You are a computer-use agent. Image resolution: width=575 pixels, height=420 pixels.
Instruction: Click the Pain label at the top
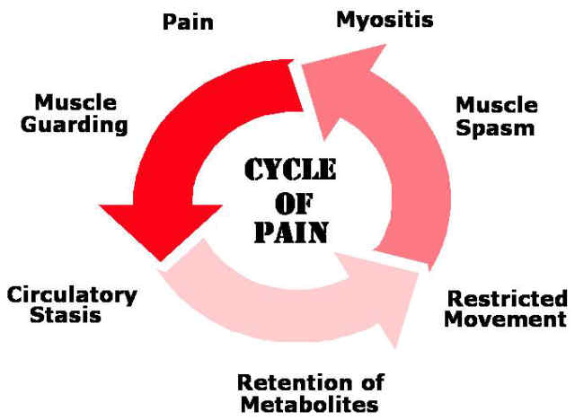189,21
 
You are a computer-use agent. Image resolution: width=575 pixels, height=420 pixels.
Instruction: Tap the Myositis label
385,19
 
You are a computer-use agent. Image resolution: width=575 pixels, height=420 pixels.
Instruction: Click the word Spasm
495,127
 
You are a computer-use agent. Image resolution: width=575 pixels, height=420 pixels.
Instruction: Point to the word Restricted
507,299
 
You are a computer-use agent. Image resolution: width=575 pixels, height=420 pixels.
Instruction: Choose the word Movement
507,319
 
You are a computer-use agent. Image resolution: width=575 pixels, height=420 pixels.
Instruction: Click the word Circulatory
71,294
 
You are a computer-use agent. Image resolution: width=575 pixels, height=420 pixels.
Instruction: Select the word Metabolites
308,405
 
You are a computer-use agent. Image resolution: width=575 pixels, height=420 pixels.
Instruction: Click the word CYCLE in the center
288,171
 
